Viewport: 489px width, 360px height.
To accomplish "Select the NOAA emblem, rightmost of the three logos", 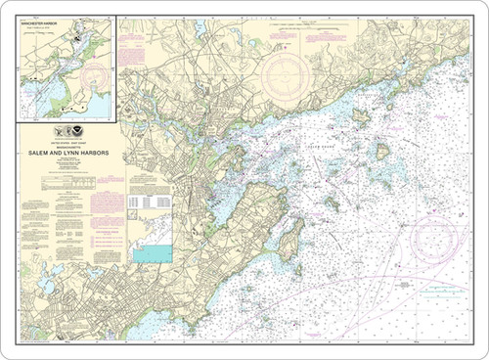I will (82, 131).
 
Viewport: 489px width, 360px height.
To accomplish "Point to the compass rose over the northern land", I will (287, 74).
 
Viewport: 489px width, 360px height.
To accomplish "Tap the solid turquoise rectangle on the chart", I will (152, 253).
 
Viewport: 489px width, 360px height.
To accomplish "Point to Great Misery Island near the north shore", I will (360, 117).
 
